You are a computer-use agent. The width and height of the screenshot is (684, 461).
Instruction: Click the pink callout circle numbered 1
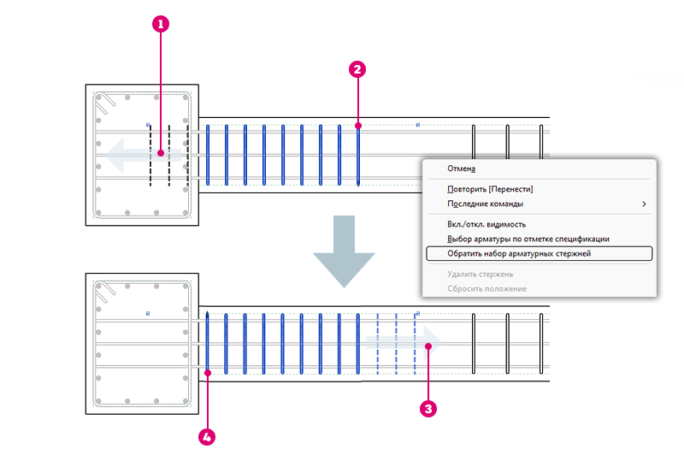click(161, 24)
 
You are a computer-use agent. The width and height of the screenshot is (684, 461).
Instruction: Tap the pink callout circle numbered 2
click(357, 69)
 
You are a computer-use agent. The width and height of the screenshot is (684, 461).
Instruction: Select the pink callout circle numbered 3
click(428, 409)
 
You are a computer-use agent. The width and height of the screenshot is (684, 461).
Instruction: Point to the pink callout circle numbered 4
click(207, 437)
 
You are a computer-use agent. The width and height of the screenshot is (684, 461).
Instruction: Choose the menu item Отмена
click(461, 168)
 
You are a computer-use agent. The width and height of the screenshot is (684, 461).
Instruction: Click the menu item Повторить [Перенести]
click(490, 189)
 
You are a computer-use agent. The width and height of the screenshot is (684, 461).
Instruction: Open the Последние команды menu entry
click(485, 204)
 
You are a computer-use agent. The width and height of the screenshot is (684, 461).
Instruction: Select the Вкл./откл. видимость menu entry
click(486, 224)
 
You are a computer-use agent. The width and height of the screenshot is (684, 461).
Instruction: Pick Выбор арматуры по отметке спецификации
click(528, 239)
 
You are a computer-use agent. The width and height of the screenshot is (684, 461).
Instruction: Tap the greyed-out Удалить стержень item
click(480, 275)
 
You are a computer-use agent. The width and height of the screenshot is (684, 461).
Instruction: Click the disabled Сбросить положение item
click(486, 288)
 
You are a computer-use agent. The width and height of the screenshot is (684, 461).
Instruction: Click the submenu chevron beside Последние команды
click(644, 204)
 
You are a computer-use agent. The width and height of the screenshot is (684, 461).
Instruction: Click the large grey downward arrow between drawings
click(344, 251)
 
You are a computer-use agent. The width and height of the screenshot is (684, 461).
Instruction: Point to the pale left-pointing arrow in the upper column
click(143, 155)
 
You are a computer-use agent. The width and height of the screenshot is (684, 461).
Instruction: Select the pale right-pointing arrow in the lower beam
click(404, 343)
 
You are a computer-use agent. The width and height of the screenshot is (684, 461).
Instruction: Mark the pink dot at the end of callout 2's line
click(358, 126)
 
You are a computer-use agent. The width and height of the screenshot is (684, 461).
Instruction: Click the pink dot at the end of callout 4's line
click(208, 373)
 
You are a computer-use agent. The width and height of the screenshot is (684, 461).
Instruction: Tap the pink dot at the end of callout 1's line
click(161, 153)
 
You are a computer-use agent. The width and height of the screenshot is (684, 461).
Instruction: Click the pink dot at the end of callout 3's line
click(428, 346)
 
